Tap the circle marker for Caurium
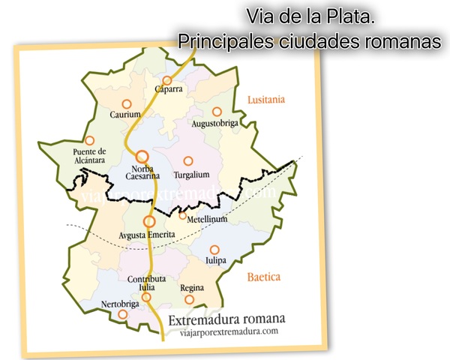click(126, 103)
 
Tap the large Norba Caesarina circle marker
click(142, 156)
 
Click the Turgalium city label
click(191, 174)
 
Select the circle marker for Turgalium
click(188, 160)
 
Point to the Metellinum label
click(206, 220)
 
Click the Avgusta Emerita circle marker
click(149, 221)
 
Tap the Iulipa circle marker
click(214, 250)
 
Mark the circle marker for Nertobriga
click(123, 314)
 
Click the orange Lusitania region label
click(267, 99)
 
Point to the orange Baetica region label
click(263, 277)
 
